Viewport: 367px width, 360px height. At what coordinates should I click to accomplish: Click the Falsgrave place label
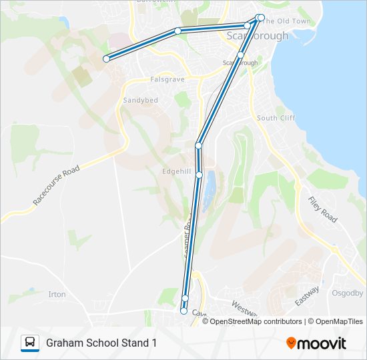coord(167,79)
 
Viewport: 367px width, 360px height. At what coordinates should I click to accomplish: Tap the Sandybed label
coord(140,100)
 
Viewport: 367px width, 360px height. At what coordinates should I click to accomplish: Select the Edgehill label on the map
coord(177,171)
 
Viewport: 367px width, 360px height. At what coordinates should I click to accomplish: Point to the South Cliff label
coord(275,118)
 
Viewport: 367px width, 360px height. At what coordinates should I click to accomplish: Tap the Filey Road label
coord(322,209)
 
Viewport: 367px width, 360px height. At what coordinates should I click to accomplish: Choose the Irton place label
coord(57,294)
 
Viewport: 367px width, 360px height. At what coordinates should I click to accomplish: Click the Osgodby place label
coord(346,293)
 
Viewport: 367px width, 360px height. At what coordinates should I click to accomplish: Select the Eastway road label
coord(308,296)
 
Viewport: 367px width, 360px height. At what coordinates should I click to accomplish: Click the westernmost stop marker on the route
coord(106,59)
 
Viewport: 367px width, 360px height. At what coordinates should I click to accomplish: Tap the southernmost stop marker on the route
coord(183,311)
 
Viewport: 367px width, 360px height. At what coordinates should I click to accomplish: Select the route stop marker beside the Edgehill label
coord(199,175)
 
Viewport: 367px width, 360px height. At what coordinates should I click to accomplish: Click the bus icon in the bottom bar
coord(30,343)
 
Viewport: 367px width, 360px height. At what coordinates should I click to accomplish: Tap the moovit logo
coord(316,343)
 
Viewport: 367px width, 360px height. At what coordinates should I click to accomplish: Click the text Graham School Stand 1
coord(101,343)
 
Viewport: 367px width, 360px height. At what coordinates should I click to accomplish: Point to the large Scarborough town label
coord(258,35)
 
